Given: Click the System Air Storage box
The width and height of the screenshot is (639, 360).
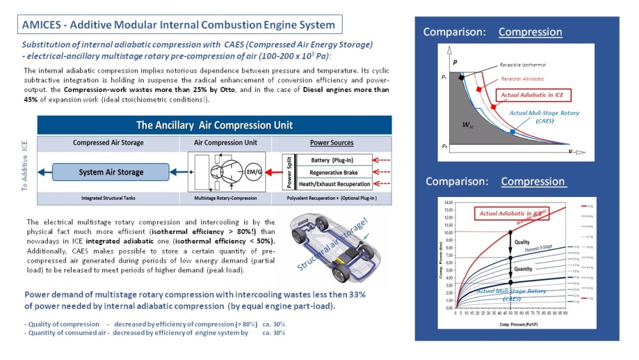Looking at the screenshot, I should tap(111, 172).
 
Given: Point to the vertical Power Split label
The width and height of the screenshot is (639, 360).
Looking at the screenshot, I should tap(289, 172).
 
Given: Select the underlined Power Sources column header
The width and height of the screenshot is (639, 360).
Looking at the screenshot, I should tap(332, 143).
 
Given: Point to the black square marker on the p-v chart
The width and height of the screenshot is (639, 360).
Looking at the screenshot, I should tap(461, 77).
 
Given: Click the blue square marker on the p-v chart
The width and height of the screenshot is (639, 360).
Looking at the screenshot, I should tap(512, 132).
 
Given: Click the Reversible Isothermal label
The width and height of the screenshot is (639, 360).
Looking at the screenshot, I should tap(523, 65).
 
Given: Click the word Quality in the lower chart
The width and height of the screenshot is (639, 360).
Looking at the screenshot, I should tap(522, 242).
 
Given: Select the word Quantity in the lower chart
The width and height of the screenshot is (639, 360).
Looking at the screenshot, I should tap(523, 269).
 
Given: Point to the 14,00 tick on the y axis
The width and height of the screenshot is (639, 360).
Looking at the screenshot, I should tap(447, 203).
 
